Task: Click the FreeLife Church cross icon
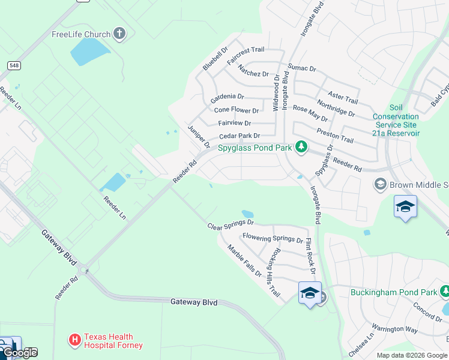(x=119, y=34)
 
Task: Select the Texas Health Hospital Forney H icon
(x=75, y=341)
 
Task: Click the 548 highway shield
(x=14, y=65)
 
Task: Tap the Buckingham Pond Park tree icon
(x=445, y=292)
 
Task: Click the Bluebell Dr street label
(x=215, y=59)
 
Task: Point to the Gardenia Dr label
(x=227, y=96)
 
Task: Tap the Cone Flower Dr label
(x=237, y=110)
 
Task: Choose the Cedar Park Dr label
(x=239, y=136)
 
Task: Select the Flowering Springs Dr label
(x=273, y=239)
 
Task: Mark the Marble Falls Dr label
(x=244, y=260)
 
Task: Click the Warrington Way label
(x=394, y=329)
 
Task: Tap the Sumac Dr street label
(x=302, y=68)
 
